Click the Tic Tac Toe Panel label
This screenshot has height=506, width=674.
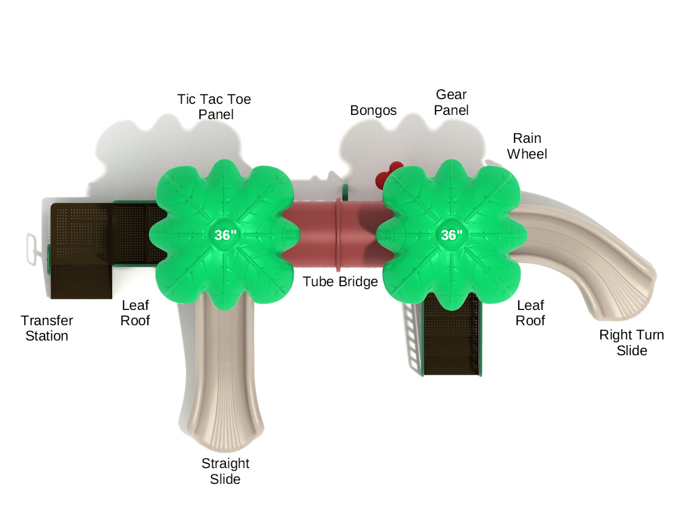214,106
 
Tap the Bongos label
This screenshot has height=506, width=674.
373,110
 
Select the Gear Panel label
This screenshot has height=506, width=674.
451,102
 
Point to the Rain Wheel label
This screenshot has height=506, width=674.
527,146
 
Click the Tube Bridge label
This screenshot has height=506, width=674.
340,281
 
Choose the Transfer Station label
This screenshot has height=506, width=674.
47,328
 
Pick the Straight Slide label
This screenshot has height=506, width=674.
225,471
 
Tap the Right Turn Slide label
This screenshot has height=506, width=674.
631,343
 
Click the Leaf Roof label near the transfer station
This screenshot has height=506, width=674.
135,313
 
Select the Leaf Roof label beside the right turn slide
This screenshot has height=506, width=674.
530,313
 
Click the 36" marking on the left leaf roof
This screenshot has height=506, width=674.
225,235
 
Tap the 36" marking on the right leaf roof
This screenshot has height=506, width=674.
452,235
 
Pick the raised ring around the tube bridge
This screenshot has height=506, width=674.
338,235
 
